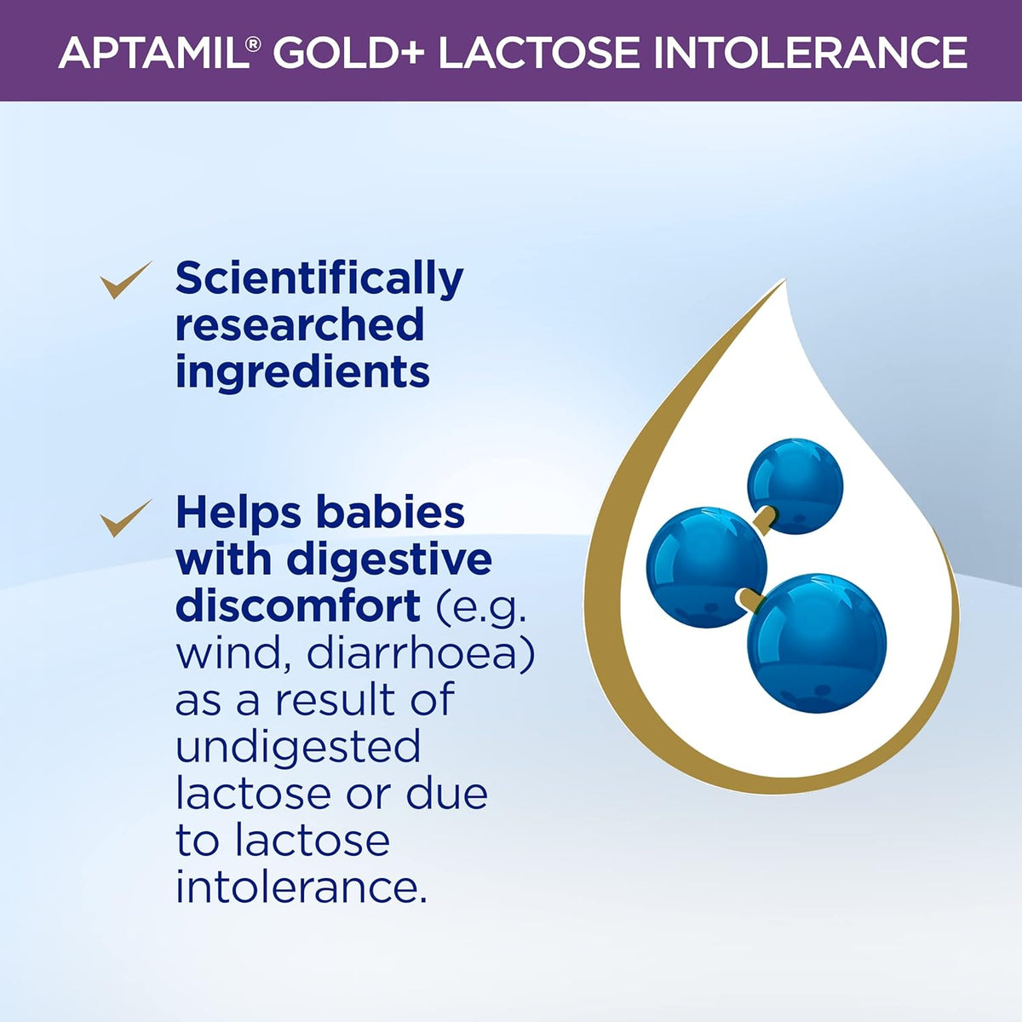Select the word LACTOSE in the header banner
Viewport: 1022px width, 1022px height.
(539, 53)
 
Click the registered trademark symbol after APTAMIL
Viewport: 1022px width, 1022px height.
(254, 44)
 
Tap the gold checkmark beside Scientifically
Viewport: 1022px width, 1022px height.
(126, 279)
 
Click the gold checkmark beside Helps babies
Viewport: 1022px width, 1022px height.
(126, 518)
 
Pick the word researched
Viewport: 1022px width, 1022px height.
(300, 324)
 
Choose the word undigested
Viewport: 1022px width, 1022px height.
(298, 746)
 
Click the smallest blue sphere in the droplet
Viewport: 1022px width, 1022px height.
(795, 485)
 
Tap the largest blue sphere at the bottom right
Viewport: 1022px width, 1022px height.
(817, 643)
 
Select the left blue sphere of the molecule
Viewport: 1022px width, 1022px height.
(706, 567)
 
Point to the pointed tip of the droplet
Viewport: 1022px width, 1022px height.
(784, 279)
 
